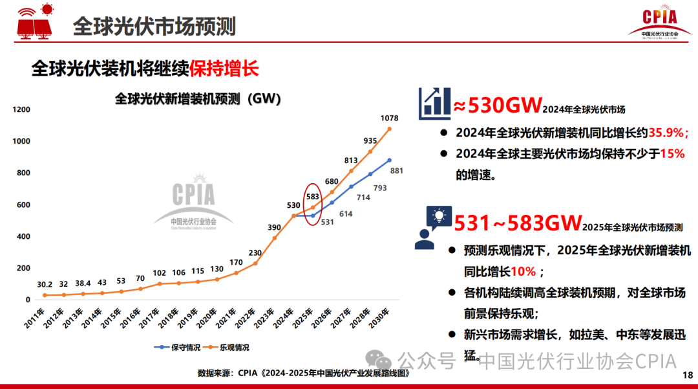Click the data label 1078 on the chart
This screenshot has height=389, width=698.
(390, 118)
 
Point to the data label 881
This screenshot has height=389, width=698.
(397, 170)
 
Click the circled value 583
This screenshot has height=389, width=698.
(313, 196)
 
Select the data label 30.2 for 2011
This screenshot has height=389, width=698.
(45, 283)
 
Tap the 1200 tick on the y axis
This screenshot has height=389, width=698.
(21, 110)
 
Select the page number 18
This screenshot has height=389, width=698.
(686, 375)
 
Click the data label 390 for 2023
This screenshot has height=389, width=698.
(274, 227)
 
